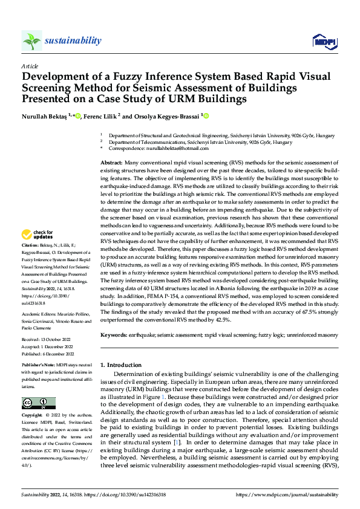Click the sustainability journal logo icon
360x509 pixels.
[x=31, y=41]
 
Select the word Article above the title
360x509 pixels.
[x=30, y=66]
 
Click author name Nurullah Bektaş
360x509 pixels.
[x=45, y=115]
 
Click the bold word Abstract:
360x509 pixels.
[x=112, y=164]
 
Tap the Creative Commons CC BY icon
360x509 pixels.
[x=38, y=403]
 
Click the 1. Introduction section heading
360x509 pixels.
[x=120, y=366]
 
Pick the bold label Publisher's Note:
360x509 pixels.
[x=39, y=366]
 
